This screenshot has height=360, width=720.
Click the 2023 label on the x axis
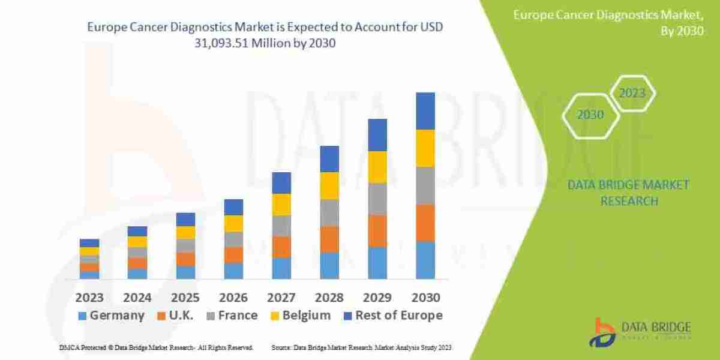tap(89, 298)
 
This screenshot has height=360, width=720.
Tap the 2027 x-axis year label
tap(281, 298)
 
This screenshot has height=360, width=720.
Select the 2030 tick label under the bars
tap(425, 298)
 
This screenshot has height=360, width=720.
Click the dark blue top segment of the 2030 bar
tap(425, 111)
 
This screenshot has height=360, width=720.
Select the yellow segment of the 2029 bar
tap(377, 167)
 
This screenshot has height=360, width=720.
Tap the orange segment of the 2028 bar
tap(329, 239)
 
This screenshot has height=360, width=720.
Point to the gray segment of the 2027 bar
tap(281, 226)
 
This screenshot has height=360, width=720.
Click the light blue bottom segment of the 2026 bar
tap(233, 271)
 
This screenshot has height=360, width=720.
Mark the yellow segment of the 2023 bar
tap(89, 251)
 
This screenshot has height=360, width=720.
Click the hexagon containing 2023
tap(632, 94)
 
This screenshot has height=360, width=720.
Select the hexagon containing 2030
tap(590, 115)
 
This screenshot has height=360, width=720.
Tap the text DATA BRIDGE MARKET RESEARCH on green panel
tap(628, 193)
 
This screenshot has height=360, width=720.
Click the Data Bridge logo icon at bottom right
tap(604, 331)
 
